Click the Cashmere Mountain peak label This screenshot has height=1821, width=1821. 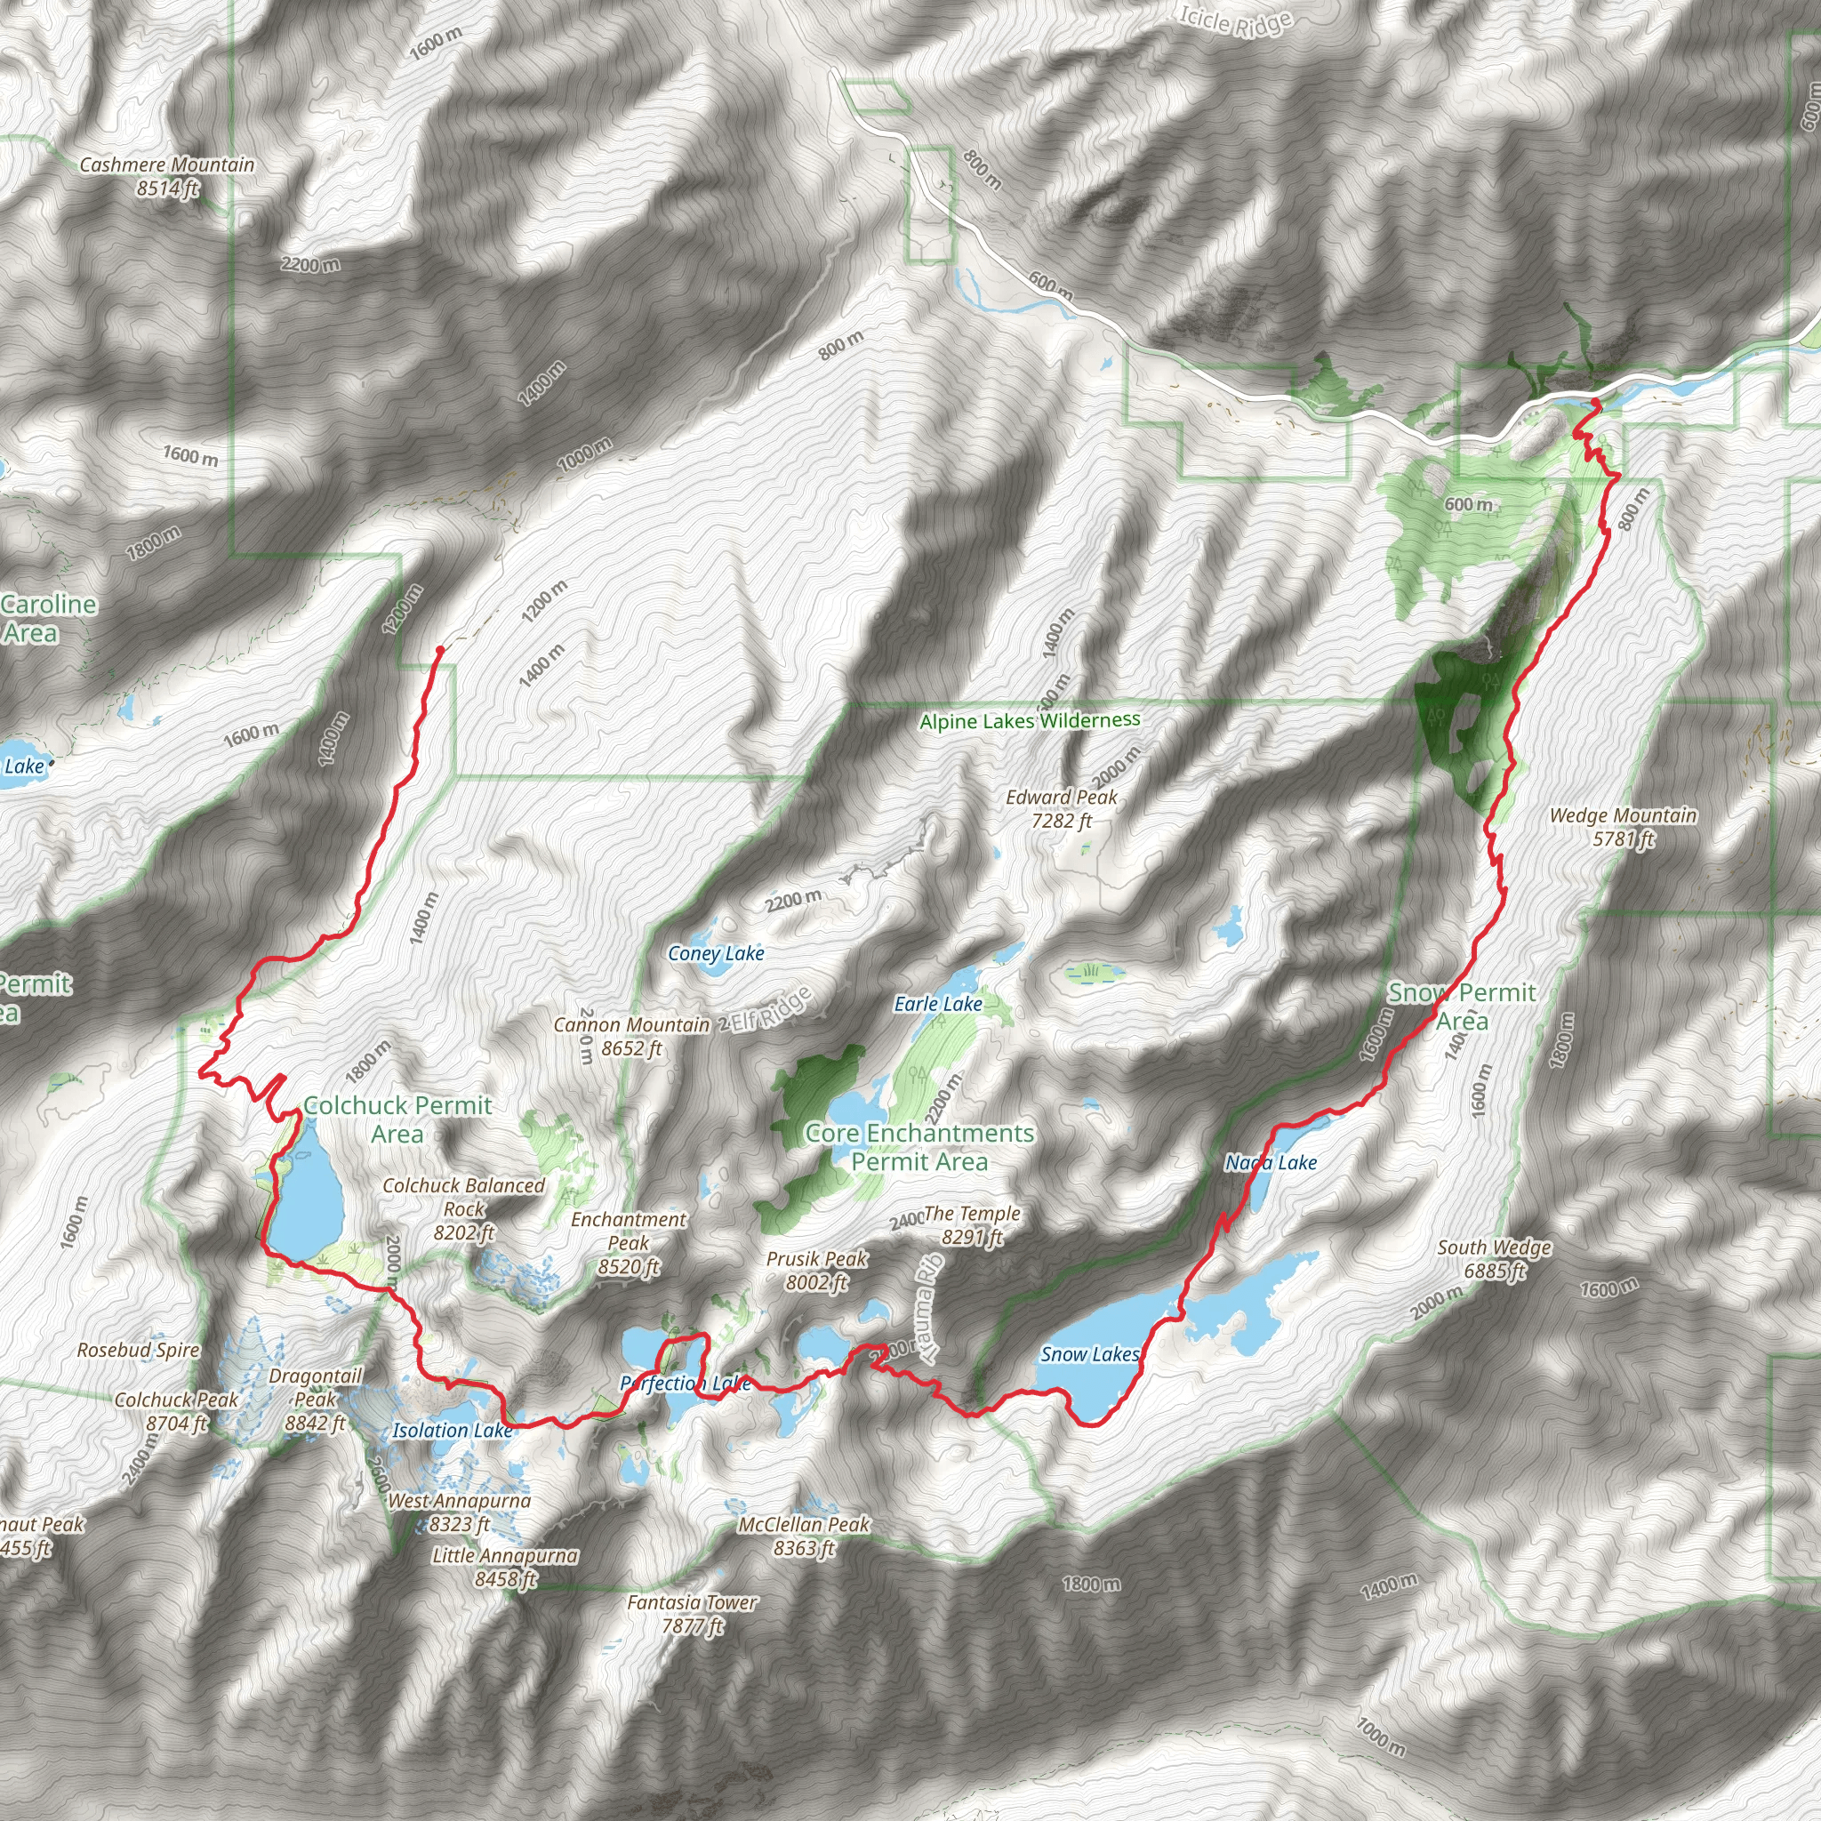[167, 176]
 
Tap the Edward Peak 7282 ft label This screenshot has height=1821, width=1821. [1062, 809]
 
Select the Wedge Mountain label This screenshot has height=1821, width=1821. [1623, 827]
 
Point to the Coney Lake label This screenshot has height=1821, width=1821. [716, 954]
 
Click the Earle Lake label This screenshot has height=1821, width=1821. [938, 1005]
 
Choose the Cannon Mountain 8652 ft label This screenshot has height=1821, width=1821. [631, 1036]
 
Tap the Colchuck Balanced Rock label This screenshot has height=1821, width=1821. [464, 1208]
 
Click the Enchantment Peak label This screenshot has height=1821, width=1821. [629, 1242]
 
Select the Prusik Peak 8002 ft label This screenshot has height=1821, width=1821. [816, 1270]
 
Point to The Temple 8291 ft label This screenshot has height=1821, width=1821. [972, 1224]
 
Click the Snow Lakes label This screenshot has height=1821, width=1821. [1089, 1354]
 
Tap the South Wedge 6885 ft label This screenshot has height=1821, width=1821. [1494, 1258]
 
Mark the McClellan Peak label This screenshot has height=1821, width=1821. [804, 1536]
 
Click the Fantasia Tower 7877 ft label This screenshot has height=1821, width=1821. [693, 1614]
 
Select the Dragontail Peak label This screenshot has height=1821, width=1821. [316, 1399]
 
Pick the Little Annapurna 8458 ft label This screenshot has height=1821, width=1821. [505, 1567]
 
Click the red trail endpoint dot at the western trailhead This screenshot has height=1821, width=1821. [439, 649]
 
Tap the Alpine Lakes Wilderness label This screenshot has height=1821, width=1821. [1030, 721]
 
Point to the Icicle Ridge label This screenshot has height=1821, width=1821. [1235, 20]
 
